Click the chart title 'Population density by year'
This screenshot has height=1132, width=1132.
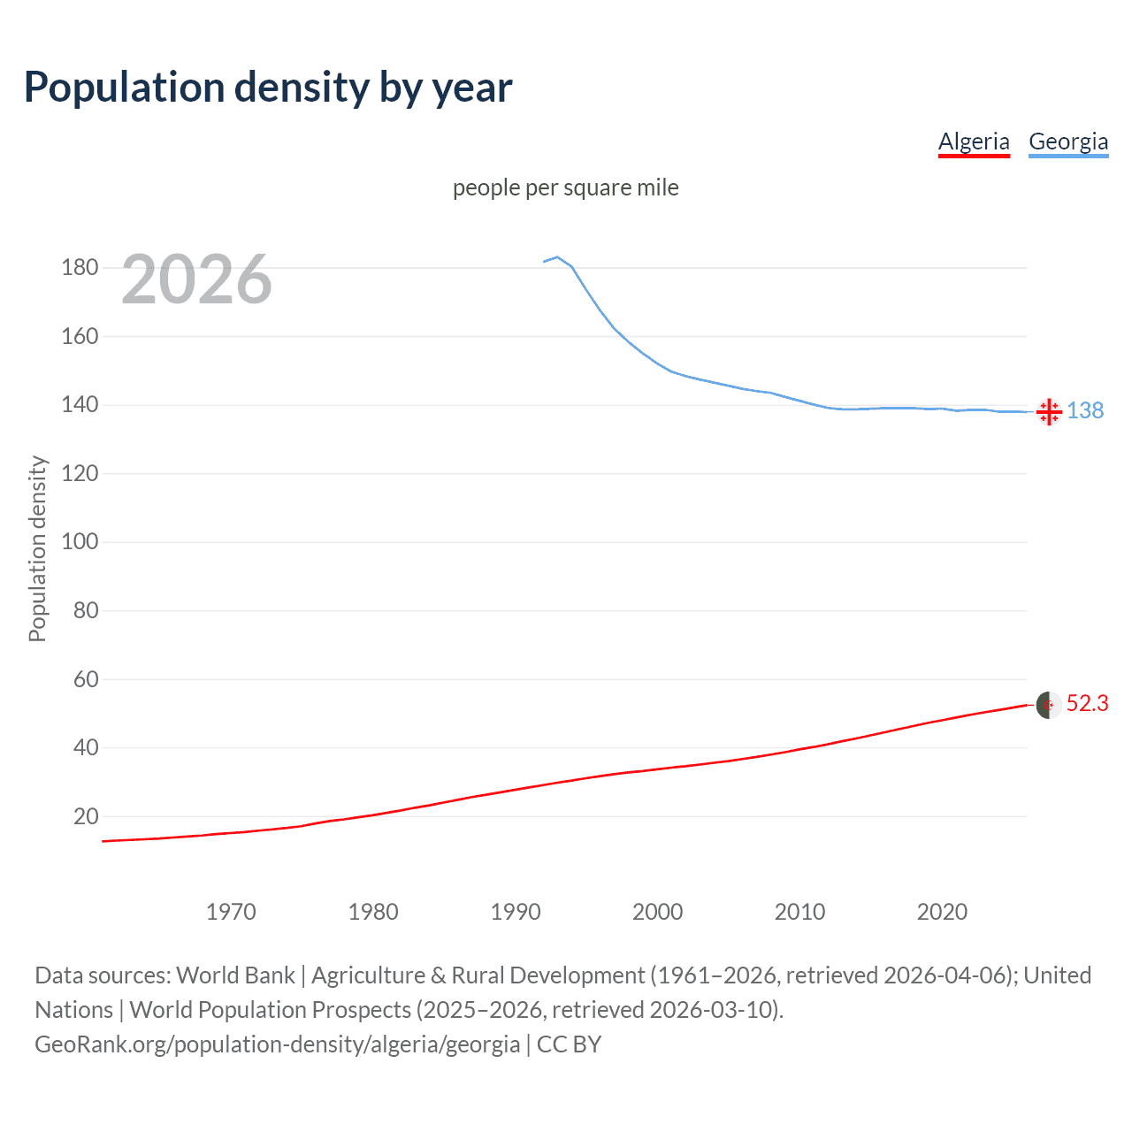pyautogui.click(x=268, y=88)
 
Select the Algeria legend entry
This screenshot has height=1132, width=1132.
pyautogui.click(x=974, y=141)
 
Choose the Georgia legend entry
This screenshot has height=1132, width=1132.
pyautogui.click(x=1068, y=141)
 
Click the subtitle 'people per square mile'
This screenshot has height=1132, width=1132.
pyautogui.click(x=565, y=187)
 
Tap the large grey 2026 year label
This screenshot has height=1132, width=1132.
pyautogui.click(x=196, y=279)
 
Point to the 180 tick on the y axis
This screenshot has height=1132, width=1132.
pyautogui.click(x=80, y=267)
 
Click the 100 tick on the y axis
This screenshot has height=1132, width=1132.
pyautogui.click(x=80, y=541)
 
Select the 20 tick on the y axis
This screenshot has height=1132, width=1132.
pyautogui.click(x=86, y=816)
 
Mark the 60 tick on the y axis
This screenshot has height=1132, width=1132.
pyautogui.click(x=86, y=679)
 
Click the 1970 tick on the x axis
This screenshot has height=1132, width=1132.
pyautogui.click(x=231, y=912)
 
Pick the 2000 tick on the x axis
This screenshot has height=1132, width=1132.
pyautogui.click(x=657, y=912)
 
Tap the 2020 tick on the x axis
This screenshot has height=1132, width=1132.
pyautogui.click(x=942, y=912)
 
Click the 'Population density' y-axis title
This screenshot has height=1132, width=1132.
pyautogui.click(x=37, y=548)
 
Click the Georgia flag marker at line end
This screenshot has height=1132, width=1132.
pyautogui.click(x=1049, y=411)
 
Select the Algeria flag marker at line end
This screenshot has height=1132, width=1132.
pyautogui.click(x=1049, y=705)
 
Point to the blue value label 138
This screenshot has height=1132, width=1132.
pyautogui.click(x=1085, y=410)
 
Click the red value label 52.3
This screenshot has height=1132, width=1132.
pyautogui.click(x=1087, y=703)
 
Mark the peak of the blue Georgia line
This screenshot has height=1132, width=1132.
pyautogui.click(x=557, y=257)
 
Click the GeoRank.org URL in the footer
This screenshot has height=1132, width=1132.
pyautogui.click(x=277, y=1044)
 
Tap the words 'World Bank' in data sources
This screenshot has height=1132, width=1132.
pyautogui.click(x=235, y=975)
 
